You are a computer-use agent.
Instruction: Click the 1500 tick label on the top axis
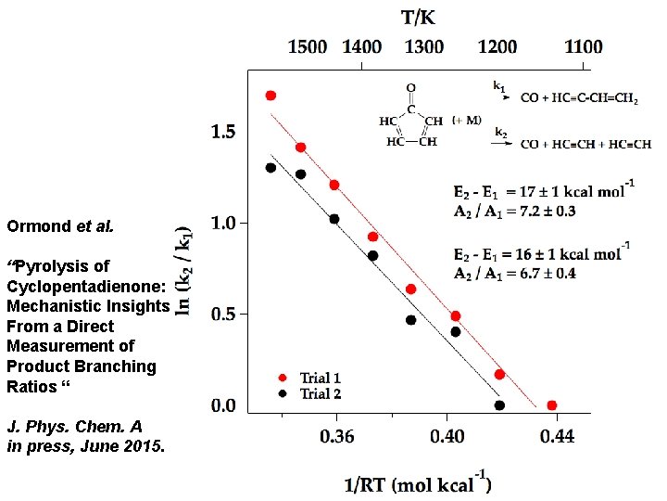click(x=308, y=46)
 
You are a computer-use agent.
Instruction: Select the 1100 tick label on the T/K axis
click(x=583, y=46)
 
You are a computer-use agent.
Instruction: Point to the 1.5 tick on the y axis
click(x=223, y=132)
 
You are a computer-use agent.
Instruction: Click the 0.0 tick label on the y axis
click(x=223, y=405)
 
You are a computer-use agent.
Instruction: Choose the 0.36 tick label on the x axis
click(x=336, y=435)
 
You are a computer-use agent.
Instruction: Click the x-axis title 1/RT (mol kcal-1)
click(x=418, y=482)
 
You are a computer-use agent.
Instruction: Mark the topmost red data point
click(x=271, y=96)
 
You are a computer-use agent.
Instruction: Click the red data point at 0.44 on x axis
click(x=552, y=405)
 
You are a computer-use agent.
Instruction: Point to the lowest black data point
click(x=499, y=405)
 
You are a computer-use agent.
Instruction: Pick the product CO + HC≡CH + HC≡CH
click(x=585, y=144)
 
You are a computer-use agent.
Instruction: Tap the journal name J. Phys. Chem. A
click(x=74, y=427)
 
